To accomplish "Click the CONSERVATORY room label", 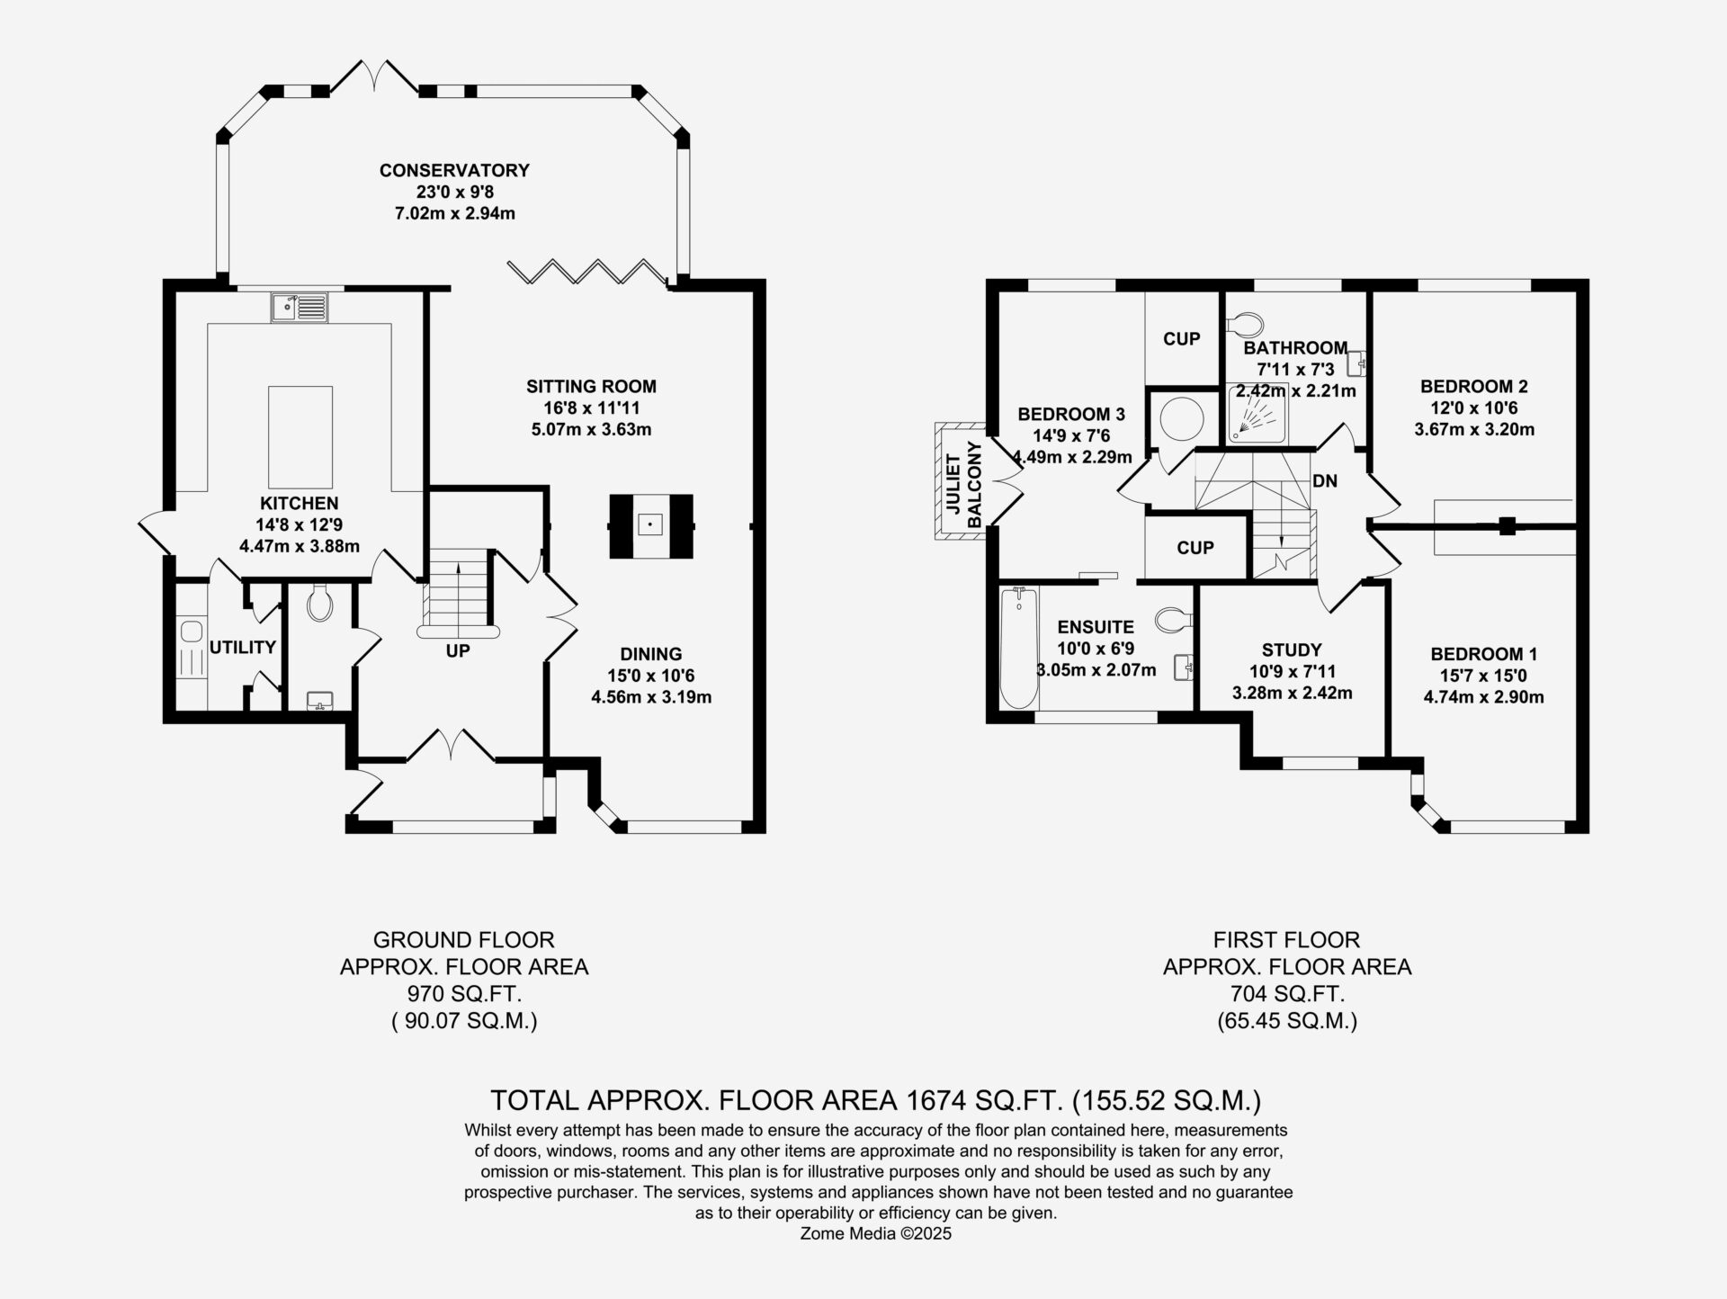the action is pyautogui.click(x=454, y=170).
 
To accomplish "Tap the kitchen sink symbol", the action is pyautogui.click(x=300, y=308).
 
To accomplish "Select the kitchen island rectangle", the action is pyautogui.click(x=300, y=437).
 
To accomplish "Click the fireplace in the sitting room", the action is pyautogui.click(x=650, y=526).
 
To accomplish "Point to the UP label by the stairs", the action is pyautogui.click(x=458, y=650).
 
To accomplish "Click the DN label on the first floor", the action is pyautogui.click(x=1325, y=481).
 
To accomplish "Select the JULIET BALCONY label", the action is pyautogui.click(x=962, y=484).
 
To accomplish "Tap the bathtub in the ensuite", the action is pyautogui.click(x=1018, y=649).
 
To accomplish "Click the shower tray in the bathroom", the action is pyautogui.click(x=1257, y=414).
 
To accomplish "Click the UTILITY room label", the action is pyautogui.click(x=243, y=647).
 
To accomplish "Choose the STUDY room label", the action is pyautogui.click(x=1292, y=649).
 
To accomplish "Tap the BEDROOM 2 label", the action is pyautogui.click(x=1474, y=387).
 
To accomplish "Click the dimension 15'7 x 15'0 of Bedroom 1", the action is pyautogui.click(x=1484, y=676).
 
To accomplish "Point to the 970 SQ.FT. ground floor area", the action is pyautogui.click(x=464, y=994).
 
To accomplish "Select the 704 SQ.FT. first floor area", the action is pyautogui.click(x=1287, y=994).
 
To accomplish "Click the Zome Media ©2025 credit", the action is pyautogui.click(x=876, y=1233).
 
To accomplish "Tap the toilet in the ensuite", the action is pyautogui.click(x=1173, y=620).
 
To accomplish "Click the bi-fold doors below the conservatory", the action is pyautogui.click(x=590, y=272).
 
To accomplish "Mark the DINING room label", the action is pyautogui.click(x=651, y=654).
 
